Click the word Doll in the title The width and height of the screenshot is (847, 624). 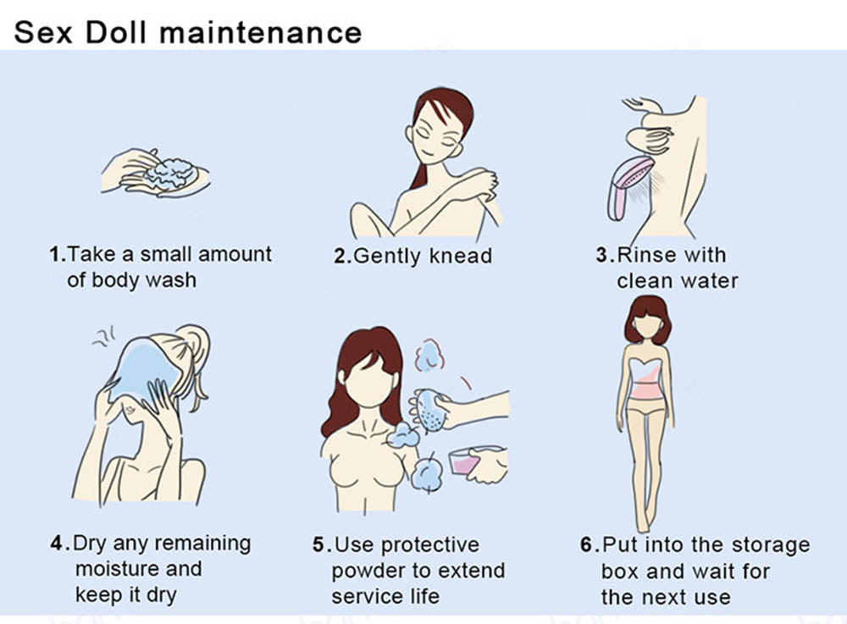point(116,32)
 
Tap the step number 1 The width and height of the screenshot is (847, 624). point(57,254)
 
